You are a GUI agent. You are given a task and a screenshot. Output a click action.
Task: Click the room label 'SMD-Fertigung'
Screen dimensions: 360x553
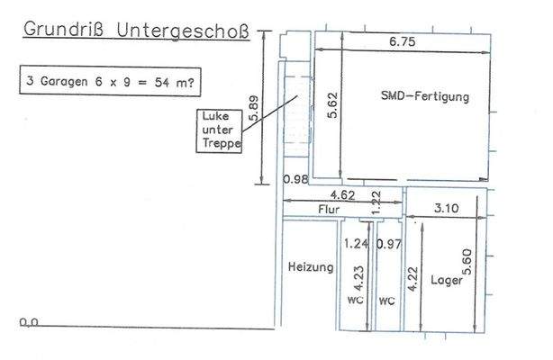tap(426, 95)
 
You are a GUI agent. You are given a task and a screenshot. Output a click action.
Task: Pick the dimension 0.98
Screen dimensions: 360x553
tap(296, 179)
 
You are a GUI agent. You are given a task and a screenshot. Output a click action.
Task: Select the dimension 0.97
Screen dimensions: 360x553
tap(388, 243)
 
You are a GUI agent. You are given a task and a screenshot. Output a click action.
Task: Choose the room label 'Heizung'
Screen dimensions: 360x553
tap(312, 267)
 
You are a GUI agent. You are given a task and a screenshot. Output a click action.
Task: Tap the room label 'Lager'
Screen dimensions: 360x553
tap(447, 281)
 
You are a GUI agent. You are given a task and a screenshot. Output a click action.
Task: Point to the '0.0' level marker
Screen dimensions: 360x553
tap(29, 321)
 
